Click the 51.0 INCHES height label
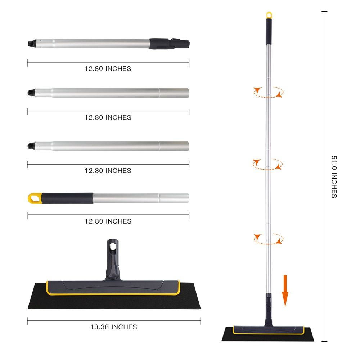coord(334,176)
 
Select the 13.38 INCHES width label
coord(113,327)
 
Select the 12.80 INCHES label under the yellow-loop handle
coord(108,221)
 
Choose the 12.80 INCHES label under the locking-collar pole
coord(108,68)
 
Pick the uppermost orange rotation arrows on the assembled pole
coord(268,92)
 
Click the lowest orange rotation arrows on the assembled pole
coord(268,238)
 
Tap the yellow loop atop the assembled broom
coord(269,15)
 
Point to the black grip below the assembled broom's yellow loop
coord(269,31)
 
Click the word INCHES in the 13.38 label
coord(124,327)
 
